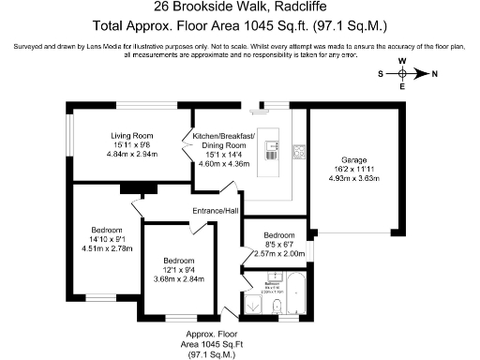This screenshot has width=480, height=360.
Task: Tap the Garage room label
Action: pos(355,159)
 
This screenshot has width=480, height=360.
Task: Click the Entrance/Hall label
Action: pos(216,211)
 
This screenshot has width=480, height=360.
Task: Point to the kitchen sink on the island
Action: pos(272,146)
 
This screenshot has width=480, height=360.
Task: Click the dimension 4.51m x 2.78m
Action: pos(107,248)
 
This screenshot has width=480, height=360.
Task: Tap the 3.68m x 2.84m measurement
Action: pos(178,278)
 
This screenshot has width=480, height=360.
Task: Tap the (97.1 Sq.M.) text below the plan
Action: pos(211,355)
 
